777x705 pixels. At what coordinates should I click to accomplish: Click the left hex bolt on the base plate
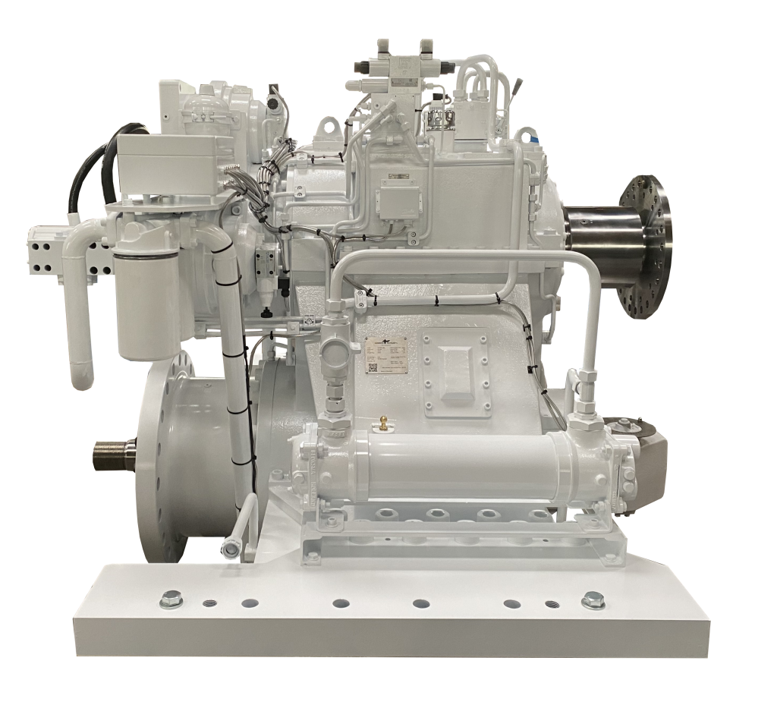[x=168, y=603]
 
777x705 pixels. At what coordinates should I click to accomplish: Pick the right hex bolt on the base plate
[x=593, y=603]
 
